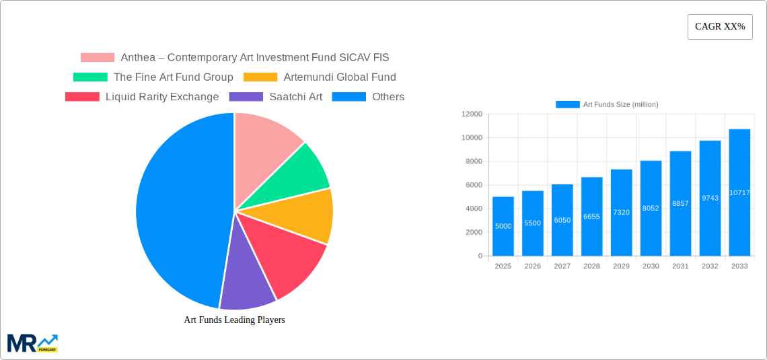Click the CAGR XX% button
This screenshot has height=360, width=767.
point(720,27)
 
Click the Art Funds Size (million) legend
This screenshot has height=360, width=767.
point(607,104)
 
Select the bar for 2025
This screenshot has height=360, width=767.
point(503,226)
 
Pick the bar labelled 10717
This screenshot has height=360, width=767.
point(739,192)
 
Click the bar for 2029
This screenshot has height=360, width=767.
point(621,212)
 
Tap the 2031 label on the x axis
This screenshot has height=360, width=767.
point(680,266)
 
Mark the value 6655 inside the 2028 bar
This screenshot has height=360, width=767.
point(591,217)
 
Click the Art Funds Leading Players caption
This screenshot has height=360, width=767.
point(234,320)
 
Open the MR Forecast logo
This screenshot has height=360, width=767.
point(32,343)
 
